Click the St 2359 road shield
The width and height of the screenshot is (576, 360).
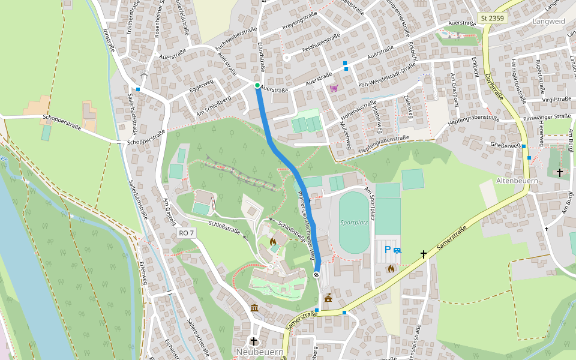pos(493,19)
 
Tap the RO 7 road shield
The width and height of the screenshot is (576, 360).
pos(187,233)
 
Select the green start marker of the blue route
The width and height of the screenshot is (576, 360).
pos(257,86)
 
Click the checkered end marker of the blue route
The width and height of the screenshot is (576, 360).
pos(316,275)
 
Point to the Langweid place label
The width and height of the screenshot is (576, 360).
pos(548,21)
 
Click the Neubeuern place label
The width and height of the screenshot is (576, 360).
pos(259,352)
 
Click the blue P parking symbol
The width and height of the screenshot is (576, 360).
pos(388,250)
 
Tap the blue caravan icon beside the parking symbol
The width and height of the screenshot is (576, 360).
pos(397,250)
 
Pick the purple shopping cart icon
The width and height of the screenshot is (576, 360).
pos(334,88)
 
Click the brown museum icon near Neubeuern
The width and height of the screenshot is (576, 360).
pos(254,308)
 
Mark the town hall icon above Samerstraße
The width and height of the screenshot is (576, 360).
pos(328,297)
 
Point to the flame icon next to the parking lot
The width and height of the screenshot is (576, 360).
pos(391,269)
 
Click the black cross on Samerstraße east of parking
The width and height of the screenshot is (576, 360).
pos(424,254)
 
